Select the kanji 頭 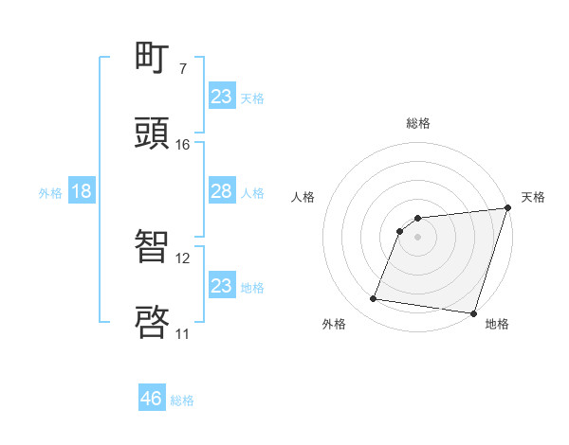(153, 133)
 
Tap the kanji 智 (153, 247)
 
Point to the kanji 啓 (153, 322)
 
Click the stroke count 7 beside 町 (182, 69)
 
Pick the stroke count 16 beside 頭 (182, 145)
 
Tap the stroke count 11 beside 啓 (182, 333)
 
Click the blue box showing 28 (221, 192)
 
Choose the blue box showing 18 (81, 192)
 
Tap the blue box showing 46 (152, 399)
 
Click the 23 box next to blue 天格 (221, 97)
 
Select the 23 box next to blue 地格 (221, 286)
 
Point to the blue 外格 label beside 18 (50, 193)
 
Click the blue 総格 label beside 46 (182, 400)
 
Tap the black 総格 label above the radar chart (418, 123)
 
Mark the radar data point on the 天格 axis (508, 209)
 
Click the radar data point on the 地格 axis (473, 312)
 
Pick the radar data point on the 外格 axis (374, 299)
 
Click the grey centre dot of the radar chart (417, 237)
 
